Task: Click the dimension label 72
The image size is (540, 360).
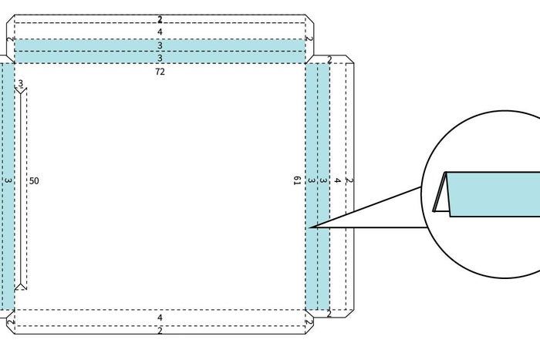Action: (x=160, y=72)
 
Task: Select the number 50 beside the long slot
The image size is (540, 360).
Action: (x=34, y=181)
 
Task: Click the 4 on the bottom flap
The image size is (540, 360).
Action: (x=160, y=318)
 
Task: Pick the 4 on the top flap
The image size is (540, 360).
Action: (x=160, y=32)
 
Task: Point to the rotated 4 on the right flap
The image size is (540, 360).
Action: (x=337, y=181)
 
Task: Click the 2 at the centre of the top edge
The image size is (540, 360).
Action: (x=160, y=19)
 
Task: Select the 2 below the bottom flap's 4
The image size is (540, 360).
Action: (x=160, y=331)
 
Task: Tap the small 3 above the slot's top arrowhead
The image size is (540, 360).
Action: (x=20, y=83)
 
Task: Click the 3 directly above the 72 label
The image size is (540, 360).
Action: (x=160, y=58)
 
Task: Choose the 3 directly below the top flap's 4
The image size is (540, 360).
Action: (x=160, y=45)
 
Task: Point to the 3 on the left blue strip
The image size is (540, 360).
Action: (x=7, y=181)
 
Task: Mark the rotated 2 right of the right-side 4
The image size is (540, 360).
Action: (x=349, y=181)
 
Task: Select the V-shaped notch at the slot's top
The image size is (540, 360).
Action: (x=21, y=92)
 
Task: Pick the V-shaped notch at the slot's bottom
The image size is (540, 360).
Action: (x=21, y=286)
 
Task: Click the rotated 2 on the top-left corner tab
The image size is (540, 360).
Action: (x=9, y=39)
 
